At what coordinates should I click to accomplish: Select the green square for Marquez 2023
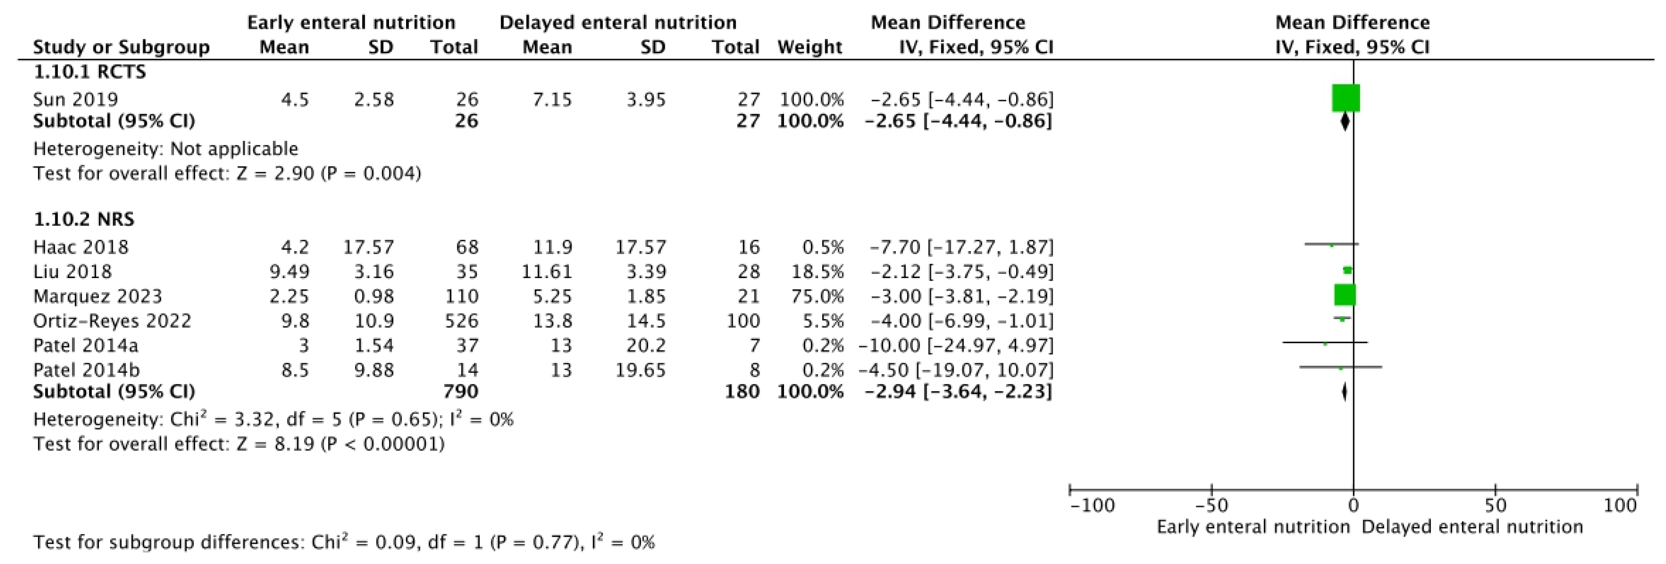[x=1344, y=295]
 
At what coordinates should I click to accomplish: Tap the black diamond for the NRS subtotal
[x=1344, y=391]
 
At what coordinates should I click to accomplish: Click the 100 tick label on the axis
[x=1619, y=505]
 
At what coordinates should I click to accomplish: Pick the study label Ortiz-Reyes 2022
[x=112, y=321]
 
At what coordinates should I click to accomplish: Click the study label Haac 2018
[x=81, y=247]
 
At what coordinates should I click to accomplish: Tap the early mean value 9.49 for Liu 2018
[x=289, y=271]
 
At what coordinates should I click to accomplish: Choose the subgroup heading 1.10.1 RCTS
[x=90, y=72]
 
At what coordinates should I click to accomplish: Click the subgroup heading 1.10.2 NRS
[x=84, y=219]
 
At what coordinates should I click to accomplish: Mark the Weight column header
[x=810, y=47]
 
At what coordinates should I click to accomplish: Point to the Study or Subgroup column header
[x=121, y=47]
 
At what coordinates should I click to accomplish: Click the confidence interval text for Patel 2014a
[x=955, y=346]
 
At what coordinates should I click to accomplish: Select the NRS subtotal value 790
[x=460, y=391]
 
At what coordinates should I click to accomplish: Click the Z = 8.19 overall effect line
[x=239, y=444]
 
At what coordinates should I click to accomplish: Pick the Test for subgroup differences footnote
[x=344, y=542]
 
